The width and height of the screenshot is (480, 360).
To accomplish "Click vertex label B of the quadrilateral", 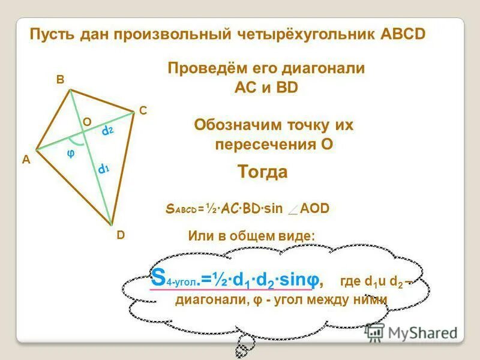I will (61, 79).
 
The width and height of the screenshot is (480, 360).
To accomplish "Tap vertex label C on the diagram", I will (143, 111).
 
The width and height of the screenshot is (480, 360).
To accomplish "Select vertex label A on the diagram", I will (26, 160).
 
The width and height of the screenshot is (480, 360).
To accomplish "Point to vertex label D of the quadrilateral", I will (121, 236).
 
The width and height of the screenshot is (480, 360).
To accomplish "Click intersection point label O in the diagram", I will (87, 122).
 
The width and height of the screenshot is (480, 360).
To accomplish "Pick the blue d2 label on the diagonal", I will (107, 130).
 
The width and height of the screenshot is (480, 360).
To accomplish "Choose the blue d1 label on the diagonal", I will (104, 170).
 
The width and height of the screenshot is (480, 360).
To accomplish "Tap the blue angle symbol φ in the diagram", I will (70, 154).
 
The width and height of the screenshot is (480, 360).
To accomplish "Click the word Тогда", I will (262, 172).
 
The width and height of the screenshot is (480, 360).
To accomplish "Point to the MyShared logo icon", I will (375, 332).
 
